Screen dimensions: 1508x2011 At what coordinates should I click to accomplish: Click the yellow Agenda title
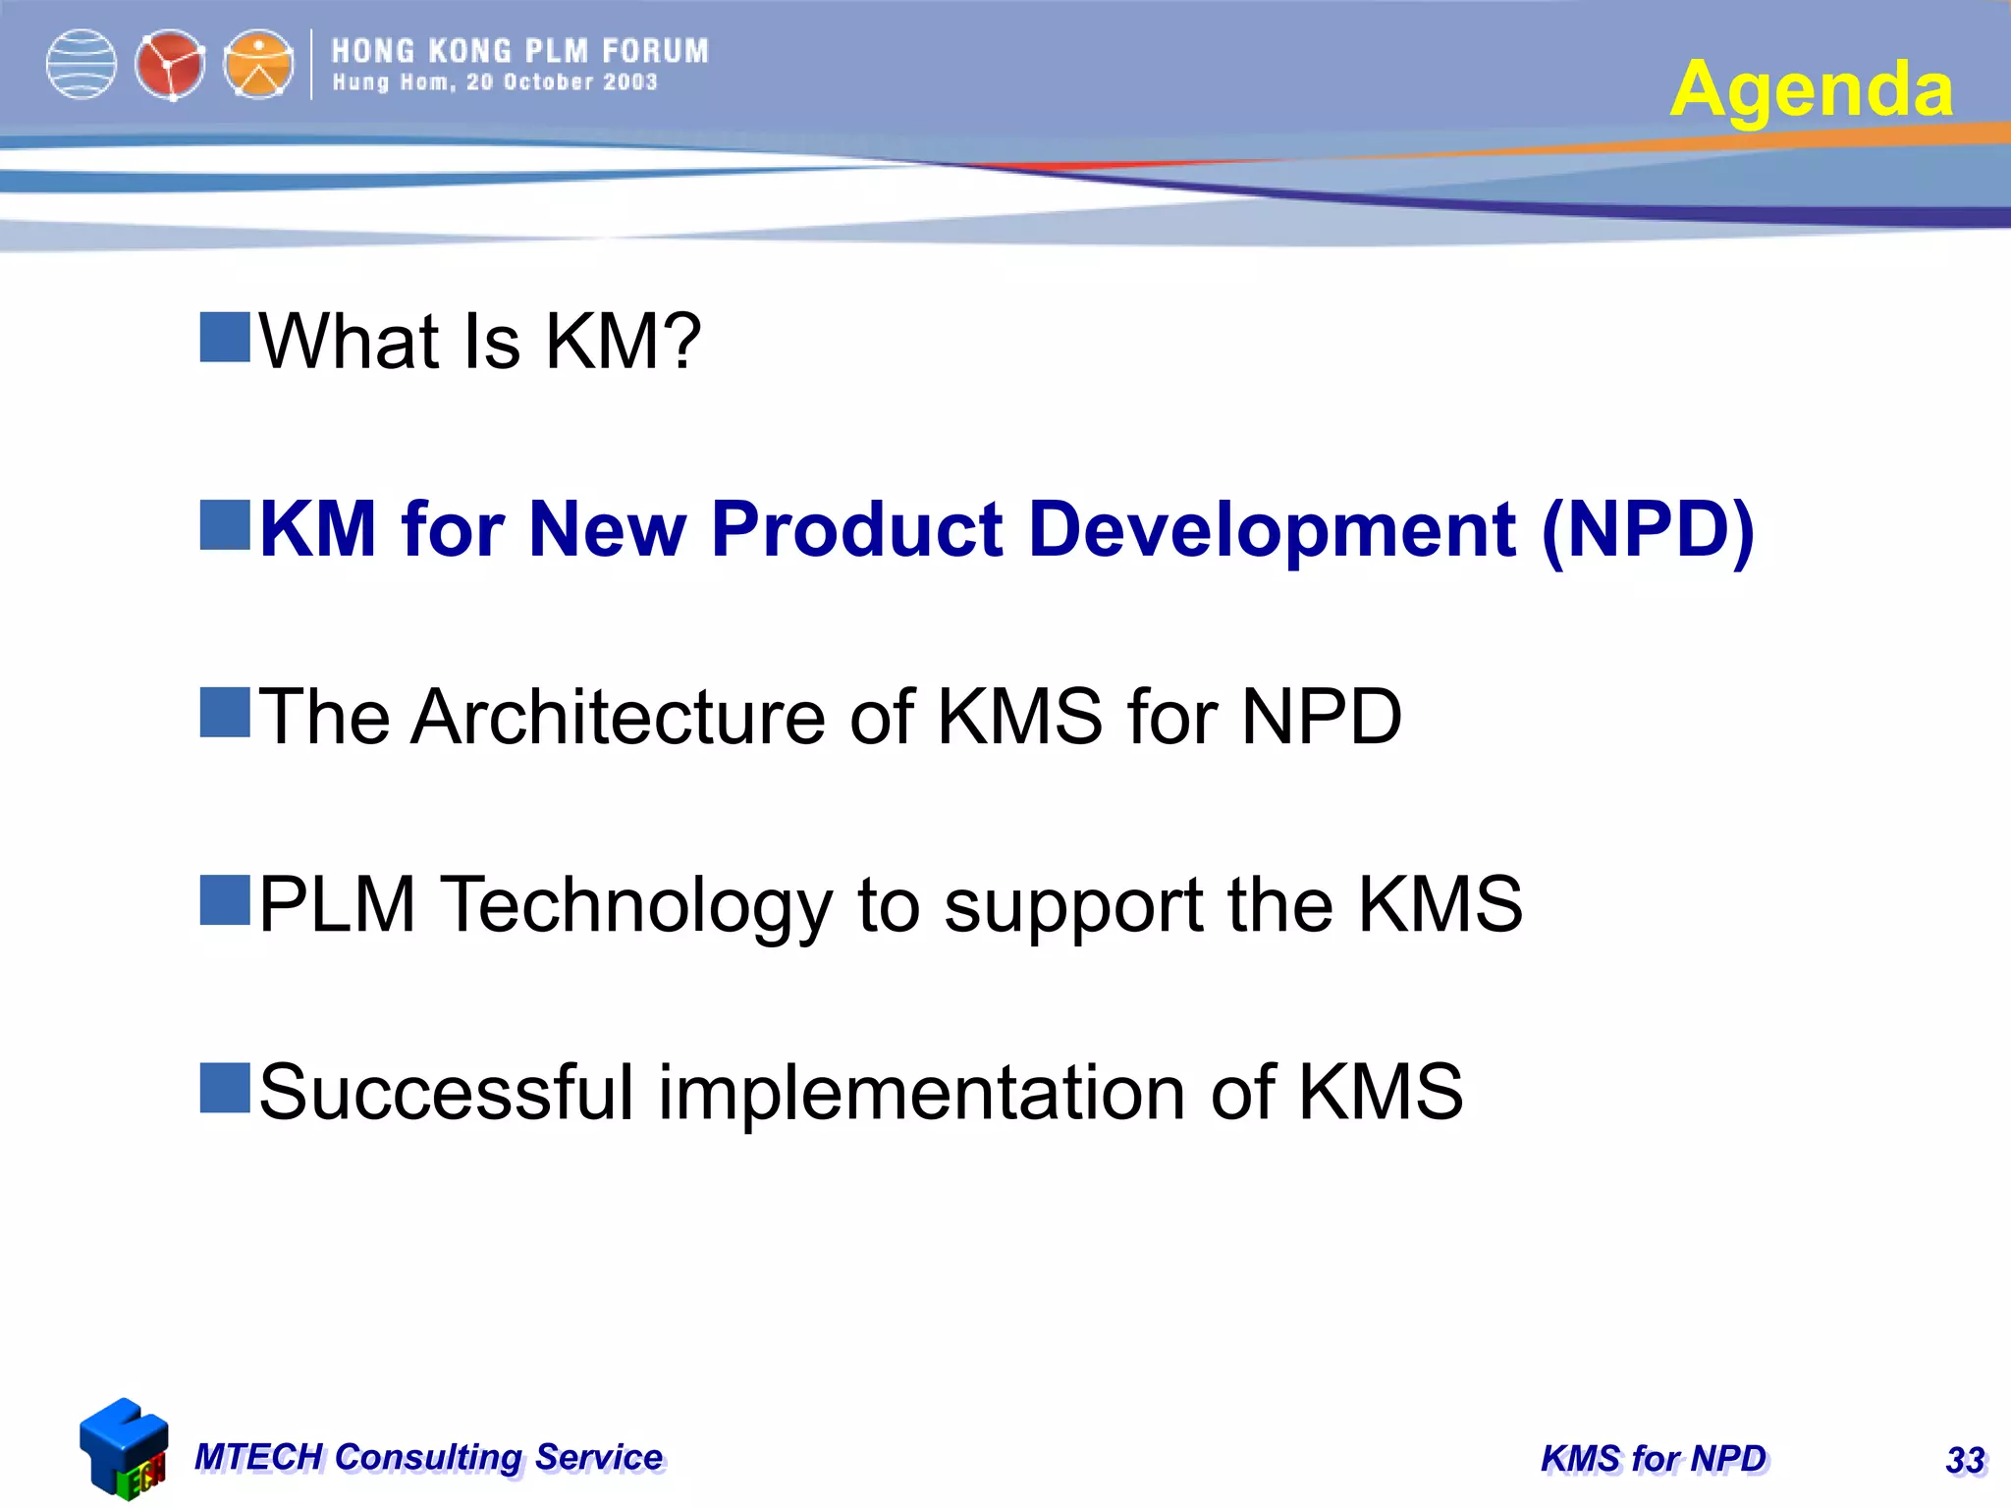coord(1811,89)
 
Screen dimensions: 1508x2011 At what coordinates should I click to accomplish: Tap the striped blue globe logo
coord(82,65)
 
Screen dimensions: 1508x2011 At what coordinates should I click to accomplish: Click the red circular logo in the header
coord(170,65)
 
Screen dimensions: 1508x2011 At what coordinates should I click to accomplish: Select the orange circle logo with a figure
coord(258,65)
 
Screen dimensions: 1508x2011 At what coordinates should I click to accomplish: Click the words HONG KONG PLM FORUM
coord(519,51)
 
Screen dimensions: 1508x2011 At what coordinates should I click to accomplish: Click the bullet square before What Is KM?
coord(225,338)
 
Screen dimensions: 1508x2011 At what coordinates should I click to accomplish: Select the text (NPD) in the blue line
coord(1648,530)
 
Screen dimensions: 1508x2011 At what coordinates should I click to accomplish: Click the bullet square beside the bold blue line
coord(225,525)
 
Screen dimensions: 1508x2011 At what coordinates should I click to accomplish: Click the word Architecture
coord(619,717)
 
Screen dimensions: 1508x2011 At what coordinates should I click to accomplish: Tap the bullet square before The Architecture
coord(225,713)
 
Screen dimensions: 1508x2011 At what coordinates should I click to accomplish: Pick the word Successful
coord(447,1092)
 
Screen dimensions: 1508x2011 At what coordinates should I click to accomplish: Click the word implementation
coord(921,1094)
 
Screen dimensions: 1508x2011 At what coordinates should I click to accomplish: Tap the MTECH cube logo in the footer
coord(124,1449)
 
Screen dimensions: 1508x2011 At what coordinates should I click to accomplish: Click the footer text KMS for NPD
coord(1654,1459)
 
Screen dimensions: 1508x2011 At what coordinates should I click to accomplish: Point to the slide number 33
coord(1965,1461)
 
